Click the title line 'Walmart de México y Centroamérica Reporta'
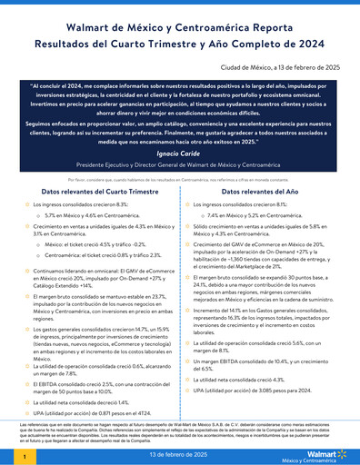point(180,27)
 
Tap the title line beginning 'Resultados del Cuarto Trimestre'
point(180,43)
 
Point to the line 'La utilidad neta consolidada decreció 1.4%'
point(86,375)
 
